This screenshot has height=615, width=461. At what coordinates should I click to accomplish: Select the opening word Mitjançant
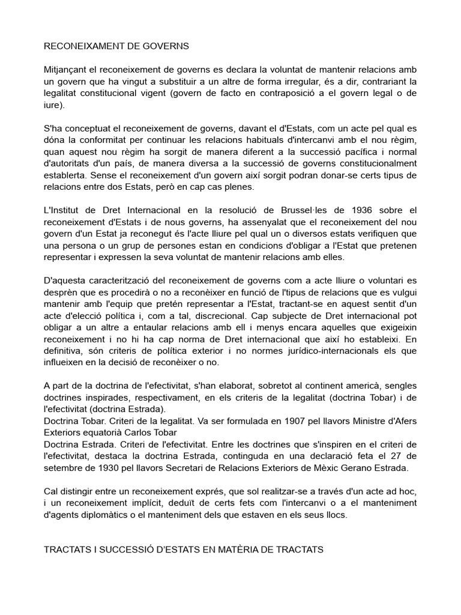pyautogui.click(x=66, y=69)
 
